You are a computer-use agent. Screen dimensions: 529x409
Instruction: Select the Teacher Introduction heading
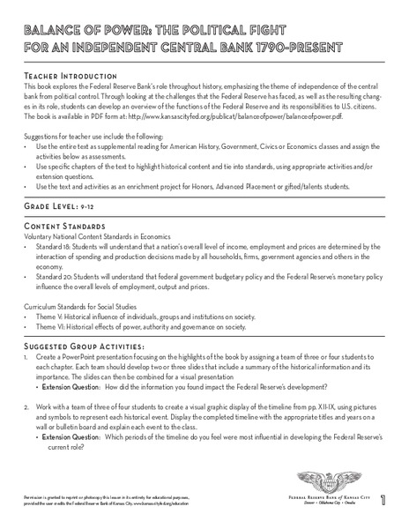63,77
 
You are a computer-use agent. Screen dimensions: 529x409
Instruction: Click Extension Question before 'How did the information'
72,387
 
